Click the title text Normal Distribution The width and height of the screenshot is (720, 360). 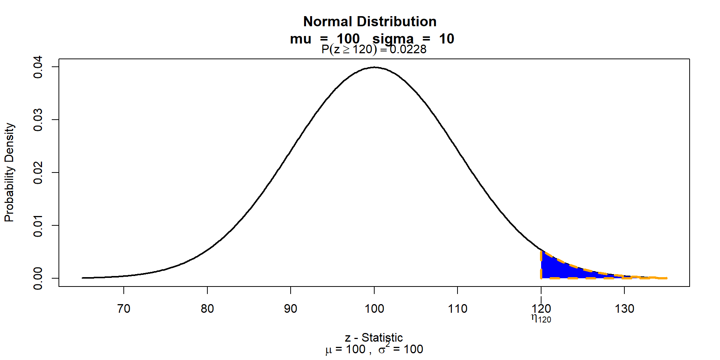coord(370,22)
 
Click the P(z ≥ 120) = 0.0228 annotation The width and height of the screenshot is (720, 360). coord(374,49)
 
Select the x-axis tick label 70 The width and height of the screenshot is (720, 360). coord(124,309)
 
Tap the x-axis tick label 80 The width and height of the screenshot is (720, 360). coord(207,309)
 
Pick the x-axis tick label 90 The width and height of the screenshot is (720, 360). coord(291,309)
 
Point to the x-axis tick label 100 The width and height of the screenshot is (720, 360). coord(374,309)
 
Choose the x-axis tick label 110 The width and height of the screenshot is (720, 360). coord(457,309)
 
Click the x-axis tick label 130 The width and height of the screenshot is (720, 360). coord(624,309)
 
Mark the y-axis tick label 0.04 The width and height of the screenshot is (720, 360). coord(38,67)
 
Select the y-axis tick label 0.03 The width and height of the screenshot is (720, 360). coord(38,120)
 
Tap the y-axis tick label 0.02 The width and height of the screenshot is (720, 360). coord(38,172)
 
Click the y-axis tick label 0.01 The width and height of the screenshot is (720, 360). coord(38,225)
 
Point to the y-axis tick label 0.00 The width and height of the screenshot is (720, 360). coord(38,278)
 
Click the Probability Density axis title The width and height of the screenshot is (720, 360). coord(9,172)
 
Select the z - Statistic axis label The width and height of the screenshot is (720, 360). coord(374,337)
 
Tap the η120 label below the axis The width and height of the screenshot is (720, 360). coord(541,318)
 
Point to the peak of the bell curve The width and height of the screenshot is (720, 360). coord(374,67)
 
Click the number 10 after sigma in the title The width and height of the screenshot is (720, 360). coord(447,39)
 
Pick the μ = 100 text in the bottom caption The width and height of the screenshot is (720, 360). coord(345,349)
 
